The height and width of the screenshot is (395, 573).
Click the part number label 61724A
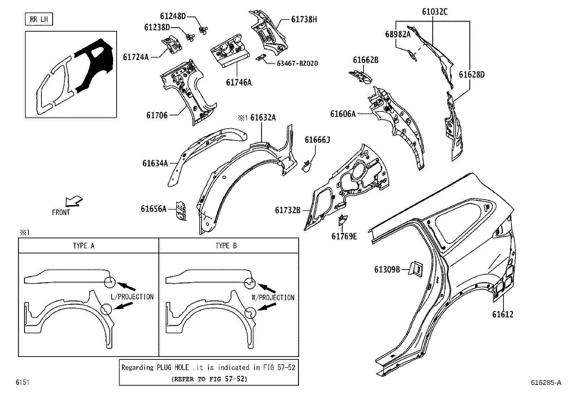click(x=136, y=57)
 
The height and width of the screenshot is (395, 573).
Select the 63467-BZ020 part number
click(x=297, y=64)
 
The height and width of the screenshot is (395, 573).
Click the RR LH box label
click(x=39, y=19)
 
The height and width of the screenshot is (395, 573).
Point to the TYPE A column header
click(x=84, y=246)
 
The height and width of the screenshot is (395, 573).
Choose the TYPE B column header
click(x=226, y=246)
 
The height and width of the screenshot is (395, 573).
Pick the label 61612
click(x=503, y=314)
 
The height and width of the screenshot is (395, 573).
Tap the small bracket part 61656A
click(x=181, y=211)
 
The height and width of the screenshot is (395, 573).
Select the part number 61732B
click(x=288, y=210)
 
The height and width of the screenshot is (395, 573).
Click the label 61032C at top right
click(x=435, y=12)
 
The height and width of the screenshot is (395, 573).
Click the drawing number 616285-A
click(x=546, y=382)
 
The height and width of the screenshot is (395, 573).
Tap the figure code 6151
click(x=22, y=382)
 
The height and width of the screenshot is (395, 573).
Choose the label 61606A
click(x=343, y=114)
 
